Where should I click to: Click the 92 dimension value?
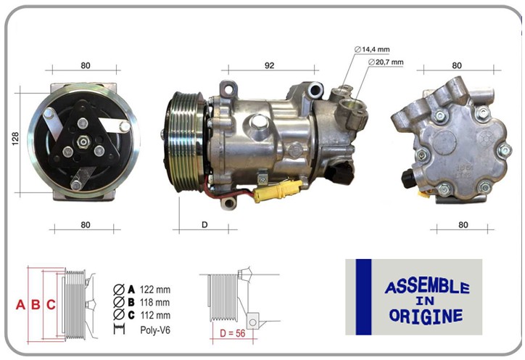[270, 65]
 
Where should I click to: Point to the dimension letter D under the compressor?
[204, 224]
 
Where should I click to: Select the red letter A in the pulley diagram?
[21, 305]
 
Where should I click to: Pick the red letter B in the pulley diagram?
[36, 305]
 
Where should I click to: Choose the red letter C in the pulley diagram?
[51, 305]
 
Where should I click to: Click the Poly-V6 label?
[155, 330]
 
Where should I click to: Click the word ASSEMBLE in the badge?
[426, 287]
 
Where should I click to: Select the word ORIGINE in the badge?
[426, 316]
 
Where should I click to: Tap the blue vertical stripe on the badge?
[363, 297]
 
